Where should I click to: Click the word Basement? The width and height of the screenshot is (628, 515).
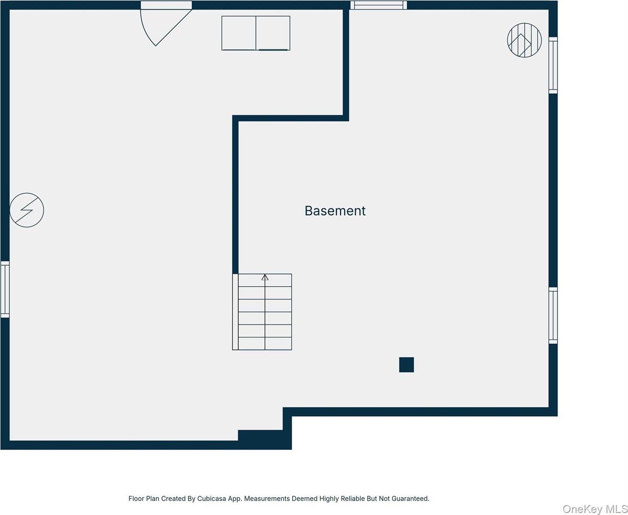pyautogui.click(x=335, y=211)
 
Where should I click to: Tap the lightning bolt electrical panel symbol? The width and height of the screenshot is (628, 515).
pyautogui.click(x=27, y=210)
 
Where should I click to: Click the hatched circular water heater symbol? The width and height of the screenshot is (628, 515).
pyautogui.click(x=524, y=40)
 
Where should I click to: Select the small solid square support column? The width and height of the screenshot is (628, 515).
pyautogui.click(x=406, y=365)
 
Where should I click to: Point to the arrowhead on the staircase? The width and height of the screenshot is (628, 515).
pyautogui.click(x=265, y=277)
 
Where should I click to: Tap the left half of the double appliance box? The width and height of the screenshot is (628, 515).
pyautogui.click(x=239, y=33)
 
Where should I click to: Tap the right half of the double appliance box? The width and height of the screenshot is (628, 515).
pyautogui.click(x=273, y=33)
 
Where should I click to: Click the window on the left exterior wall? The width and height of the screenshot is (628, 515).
pyautogui.click(x=5, y=290)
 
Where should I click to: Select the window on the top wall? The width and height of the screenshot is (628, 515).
pyautogui.click(x=378, y=5)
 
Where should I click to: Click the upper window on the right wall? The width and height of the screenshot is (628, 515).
pyautogui.click(x=553, y=65)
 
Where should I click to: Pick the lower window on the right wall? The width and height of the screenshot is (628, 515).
pyautogui.click(x=553, y=316)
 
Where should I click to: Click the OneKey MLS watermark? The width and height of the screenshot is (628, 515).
pyautogui.click(x=595, y=509)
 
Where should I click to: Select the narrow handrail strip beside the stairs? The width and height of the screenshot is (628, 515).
pyautogui.click(x=235, y=312)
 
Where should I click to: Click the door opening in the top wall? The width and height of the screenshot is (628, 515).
pyautogui.click(x=166, y=5)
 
